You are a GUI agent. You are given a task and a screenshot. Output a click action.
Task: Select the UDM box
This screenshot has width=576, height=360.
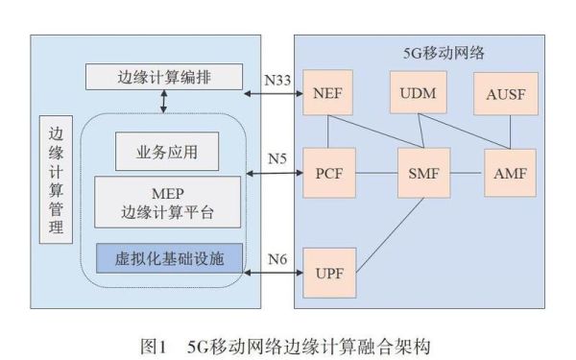click(x=415, y=93)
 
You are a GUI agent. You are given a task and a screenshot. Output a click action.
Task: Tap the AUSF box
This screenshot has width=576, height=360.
click(x=503, y=93)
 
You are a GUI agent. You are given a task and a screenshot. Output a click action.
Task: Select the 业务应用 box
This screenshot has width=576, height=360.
click(x=166, y=151)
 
